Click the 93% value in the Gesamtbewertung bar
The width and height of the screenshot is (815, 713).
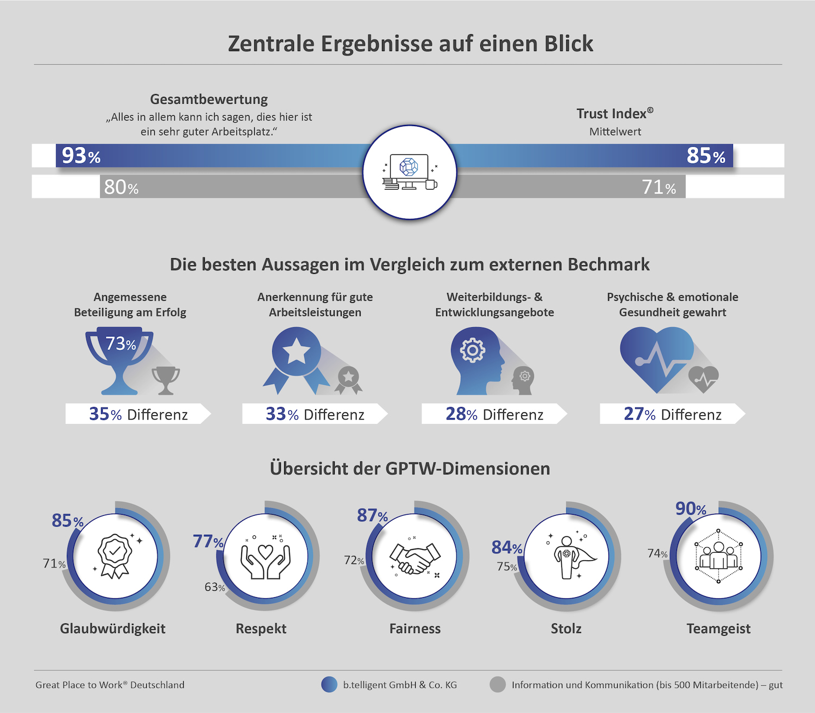point(81,155)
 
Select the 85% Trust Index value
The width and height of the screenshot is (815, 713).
point(705,155)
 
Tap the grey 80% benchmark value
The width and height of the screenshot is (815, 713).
point(121,187)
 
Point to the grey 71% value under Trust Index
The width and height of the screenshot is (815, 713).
point(659,187)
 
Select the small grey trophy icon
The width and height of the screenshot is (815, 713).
point(166,379)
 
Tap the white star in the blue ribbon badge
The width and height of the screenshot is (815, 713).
point(296,352)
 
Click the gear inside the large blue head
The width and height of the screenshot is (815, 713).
point(472,351)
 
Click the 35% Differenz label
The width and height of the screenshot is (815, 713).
point(138,414)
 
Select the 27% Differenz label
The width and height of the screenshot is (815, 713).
point(672,414)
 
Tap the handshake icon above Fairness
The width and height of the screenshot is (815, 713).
point(415,558)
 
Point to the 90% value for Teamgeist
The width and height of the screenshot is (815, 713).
point(691,509)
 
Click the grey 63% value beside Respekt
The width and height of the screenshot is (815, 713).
point(215,587)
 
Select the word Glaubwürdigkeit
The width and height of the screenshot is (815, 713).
point(112,629)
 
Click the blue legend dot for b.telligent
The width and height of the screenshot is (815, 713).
point(329,685)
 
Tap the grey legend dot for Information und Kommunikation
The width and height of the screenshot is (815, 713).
point(497,685)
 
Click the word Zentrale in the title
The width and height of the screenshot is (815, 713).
point(271,44)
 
